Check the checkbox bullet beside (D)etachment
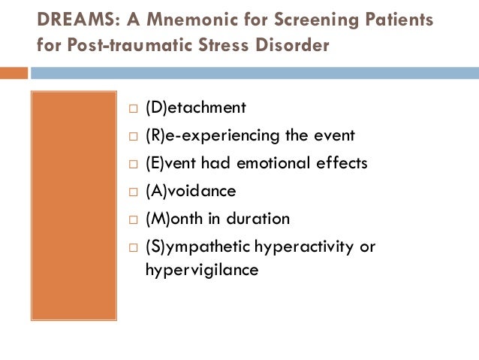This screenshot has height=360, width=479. pyautogui.click(x=132, y=109)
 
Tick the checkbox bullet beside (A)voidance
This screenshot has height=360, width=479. pyautogui.click(x=132, y=192)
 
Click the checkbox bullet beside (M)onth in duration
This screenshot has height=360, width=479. pyautogui.click(x=132, y=219)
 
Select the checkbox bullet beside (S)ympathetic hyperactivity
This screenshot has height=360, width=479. pyautogui.click(x=132, y=247)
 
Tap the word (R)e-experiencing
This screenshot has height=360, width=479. pyautogui.click(x=200, y=136)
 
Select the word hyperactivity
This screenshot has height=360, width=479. pyautogui.click(x=301, y=247)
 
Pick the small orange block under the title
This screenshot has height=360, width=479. pyautogui.click(x=14, y=73)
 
